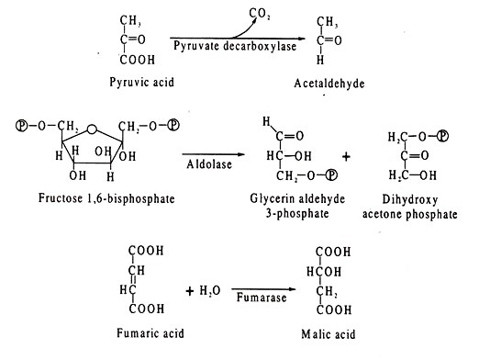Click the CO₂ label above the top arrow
tap(260, 14)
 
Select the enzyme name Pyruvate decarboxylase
tap(235, 46)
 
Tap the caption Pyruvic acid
tap(141, 83)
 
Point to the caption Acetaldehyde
tap(329, 84)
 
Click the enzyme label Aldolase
tap(209, 164)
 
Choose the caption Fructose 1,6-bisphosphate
tap(106, 198)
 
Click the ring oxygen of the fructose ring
tap(92, 129)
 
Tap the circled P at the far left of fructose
tap(21, 126)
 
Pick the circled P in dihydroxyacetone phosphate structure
tap(442, 136)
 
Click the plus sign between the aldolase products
tap(346, 157)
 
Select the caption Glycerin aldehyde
tap(297, 198)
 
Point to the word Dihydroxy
tap(410, 200)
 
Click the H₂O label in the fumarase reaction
tap(210, 290)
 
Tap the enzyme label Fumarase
tap(262, 298)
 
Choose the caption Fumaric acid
tap(150, 332)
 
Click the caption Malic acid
tap(329, 334)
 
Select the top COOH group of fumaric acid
tap(146, 251)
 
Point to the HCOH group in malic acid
tap(324, 272)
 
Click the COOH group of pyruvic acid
tap(138, 60)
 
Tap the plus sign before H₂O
tap(190, 291)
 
